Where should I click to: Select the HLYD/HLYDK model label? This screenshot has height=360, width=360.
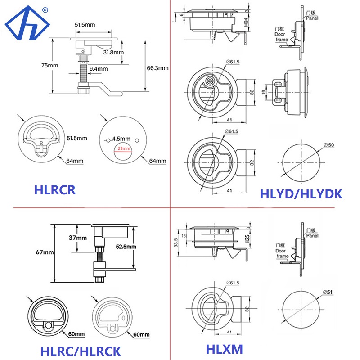(301, 194)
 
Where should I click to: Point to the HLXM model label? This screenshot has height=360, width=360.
(224, 349)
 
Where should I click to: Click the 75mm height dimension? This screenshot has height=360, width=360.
(41, 65)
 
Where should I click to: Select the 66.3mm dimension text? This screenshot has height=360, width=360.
(157, 68)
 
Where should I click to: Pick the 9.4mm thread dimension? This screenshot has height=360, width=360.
(99, 69)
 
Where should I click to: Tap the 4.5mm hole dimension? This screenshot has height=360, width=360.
(121, 138)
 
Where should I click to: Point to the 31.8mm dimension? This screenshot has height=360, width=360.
(113, 52)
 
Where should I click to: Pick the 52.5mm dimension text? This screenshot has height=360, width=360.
(122, 247)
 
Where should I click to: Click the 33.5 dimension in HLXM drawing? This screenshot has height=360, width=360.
(176, 243)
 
